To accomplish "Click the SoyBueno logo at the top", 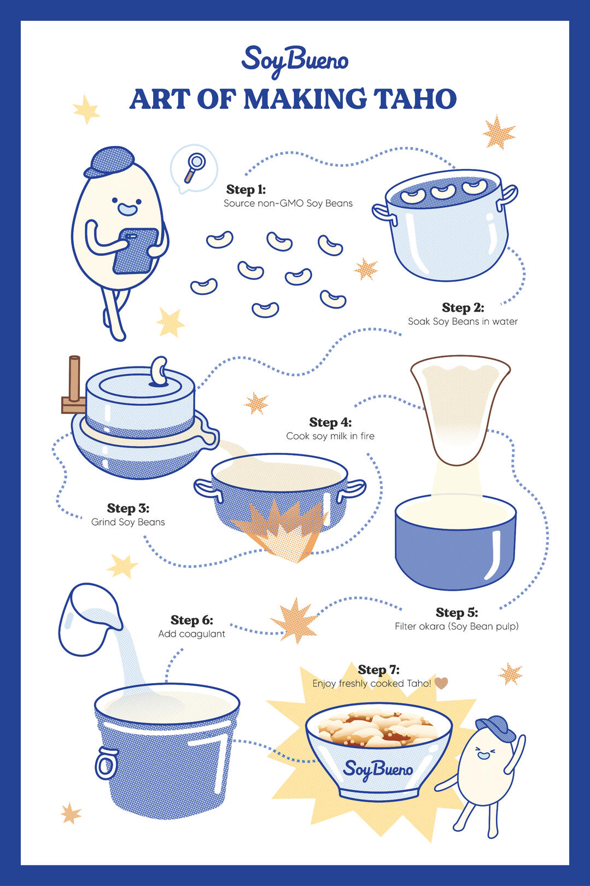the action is coord(295,61).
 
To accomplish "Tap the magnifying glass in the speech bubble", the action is coord(194,167).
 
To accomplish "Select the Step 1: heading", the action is coord(246,189).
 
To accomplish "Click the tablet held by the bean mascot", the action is coord(135,251).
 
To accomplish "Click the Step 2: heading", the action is coord(463,307).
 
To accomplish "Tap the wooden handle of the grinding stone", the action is coord(74,384).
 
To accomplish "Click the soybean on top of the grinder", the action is coord(159,370).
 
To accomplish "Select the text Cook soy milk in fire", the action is coord(330,436).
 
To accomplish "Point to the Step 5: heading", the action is coord(457,613).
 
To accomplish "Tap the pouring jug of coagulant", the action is coord(89,619).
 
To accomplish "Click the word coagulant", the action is coord(202,634).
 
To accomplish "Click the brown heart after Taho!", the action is coord(441,683).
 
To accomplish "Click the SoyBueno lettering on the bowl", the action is coord(377,770).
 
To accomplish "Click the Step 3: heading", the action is coord(128,508).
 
